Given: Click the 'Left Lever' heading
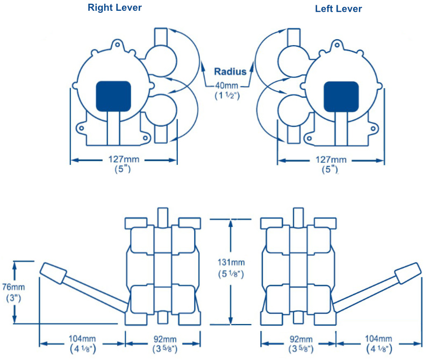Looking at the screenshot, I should tap(339, 9).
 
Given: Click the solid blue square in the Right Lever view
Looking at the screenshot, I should tap(113, 96).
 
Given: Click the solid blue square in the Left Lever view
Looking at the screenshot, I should tap(341, 96).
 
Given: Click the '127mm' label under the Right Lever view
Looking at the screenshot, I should tap(123, 160).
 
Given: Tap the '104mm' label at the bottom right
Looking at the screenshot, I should tap(378, 339).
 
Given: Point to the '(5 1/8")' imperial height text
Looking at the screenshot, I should tap(231, 274).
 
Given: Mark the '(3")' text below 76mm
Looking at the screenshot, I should tap(15, 298).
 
